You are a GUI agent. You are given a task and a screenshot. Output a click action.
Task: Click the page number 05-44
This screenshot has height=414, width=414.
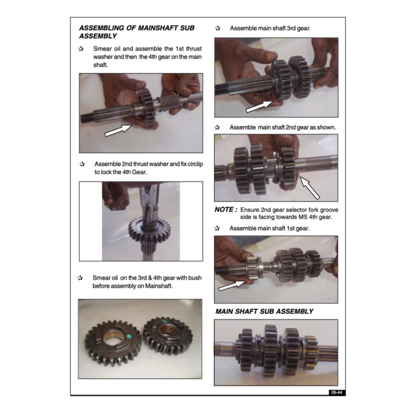coord(337,393)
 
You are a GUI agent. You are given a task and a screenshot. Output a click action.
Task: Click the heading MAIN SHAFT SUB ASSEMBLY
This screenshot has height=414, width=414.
coord(264,312)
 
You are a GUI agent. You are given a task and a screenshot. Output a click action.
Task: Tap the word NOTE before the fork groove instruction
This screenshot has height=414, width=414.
coord(224,210)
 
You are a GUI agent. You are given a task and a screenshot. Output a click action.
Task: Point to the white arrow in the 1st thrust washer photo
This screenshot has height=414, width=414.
coord(118,131)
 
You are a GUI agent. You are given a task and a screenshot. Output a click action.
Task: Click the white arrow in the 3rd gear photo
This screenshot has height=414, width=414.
coord(259,106)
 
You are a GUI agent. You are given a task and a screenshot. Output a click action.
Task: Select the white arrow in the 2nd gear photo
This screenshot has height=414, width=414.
coord(310,188)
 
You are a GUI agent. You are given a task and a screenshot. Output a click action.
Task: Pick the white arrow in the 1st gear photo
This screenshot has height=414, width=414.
coord(232,286)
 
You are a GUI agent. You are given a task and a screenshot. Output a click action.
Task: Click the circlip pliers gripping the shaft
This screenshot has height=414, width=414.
coord(148,203)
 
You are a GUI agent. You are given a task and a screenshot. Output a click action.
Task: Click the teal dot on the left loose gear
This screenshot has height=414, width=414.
coord(129,336)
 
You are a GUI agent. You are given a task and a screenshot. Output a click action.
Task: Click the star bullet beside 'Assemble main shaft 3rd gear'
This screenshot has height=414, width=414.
coord(218,28)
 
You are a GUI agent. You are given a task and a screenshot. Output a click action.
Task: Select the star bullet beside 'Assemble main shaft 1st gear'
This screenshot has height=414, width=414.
coord(217,228)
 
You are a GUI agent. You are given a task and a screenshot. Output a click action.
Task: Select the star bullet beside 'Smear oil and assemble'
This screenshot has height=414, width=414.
coord(81,49)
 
